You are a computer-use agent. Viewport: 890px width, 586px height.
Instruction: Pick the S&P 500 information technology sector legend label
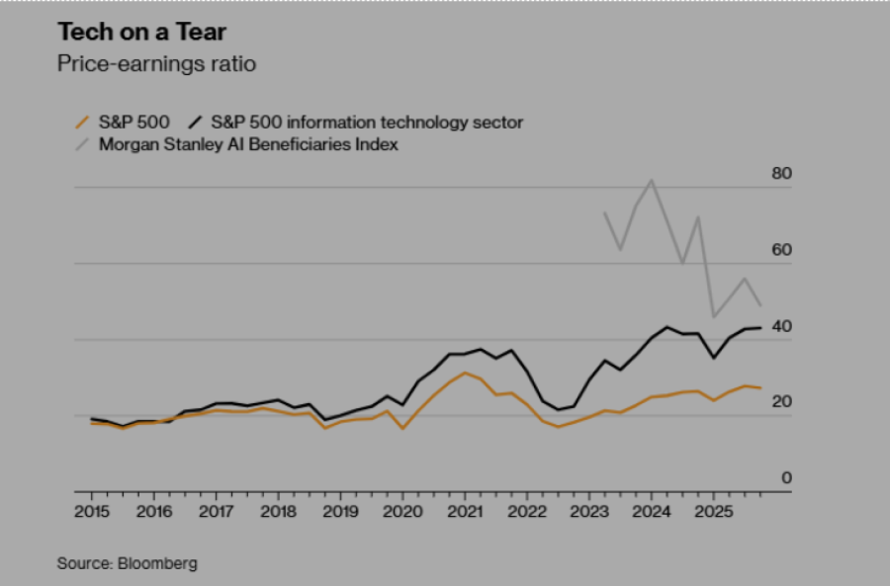(367, 123)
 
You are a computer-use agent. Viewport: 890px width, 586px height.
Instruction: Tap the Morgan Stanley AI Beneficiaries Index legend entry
(248, 144)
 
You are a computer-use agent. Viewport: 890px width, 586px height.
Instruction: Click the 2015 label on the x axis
(91, 512)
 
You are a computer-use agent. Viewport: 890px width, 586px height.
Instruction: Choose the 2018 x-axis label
(278, 512)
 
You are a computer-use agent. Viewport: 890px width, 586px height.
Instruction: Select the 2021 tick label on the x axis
(464, 512)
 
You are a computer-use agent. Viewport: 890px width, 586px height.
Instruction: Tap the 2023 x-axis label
(588, 512)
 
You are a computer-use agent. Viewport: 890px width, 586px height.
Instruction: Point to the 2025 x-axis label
(712, 512)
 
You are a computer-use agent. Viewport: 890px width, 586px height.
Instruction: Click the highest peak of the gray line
(651, 180)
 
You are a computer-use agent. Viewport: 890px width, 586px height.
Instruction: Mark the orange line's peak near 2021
(465, 373)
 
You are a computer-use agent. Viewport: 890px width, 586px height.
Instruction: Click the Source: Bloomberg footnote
(127, 563)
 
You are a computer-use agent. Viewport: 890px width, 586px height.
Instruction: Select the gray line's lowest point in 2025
(714, 316)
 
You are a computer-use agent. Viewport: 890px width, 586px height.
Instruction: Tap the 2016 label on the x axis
(153, 512)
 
